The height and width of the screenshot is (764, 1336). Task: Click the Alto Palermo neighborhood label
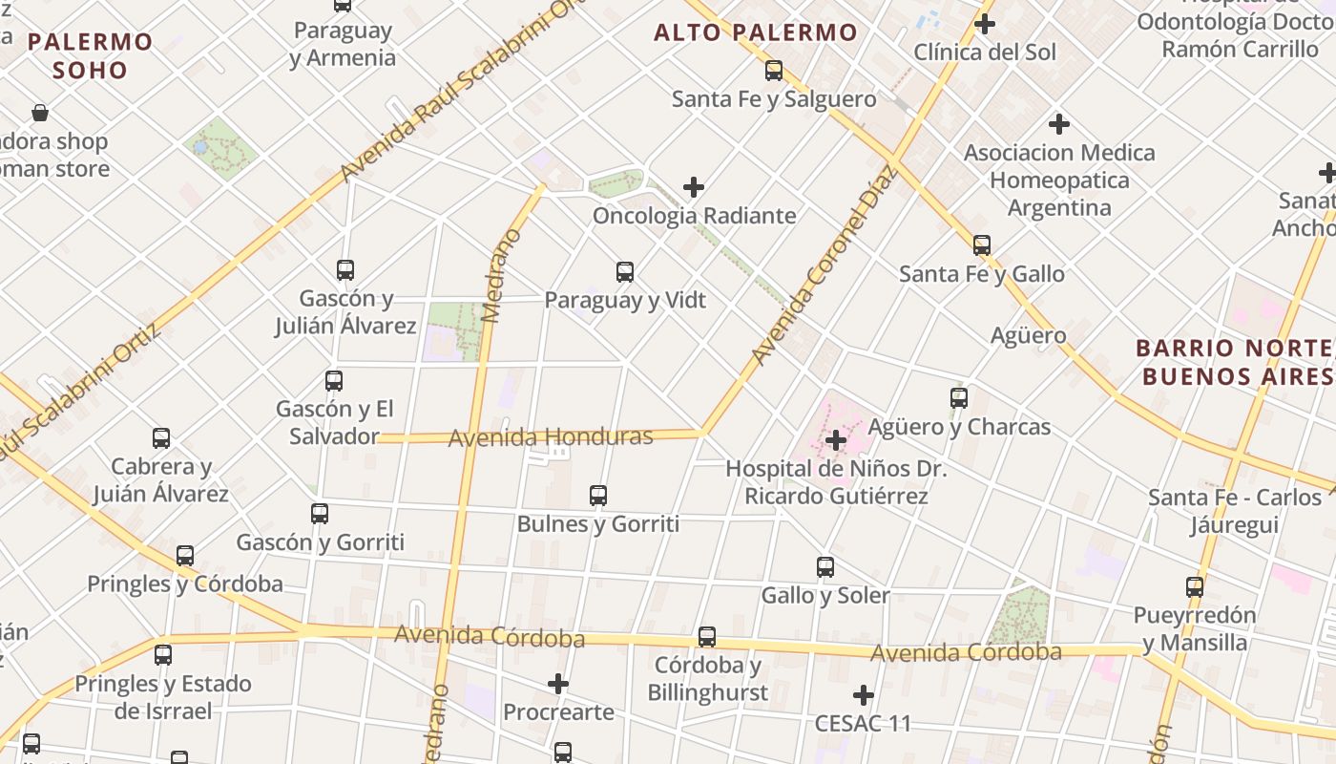click(x=756, y=32)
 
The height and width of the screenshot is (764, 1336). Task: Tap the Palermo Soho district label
click(x=90, y=55)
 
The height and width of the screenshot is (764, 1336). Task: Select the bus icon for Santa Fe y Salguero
click(x=774, y=71)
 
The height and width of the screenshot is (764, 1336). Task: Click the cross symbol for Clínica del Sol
click(x=985, y=24)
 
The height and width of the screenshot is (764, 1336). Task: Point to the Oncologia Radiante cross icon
click(x=694, y=187)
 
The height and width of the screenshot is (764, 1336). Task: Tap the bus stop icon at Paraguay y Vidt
click(x=625, y=272)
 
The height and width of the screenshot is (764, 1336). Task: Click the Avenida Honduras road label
click(x=551, y=437)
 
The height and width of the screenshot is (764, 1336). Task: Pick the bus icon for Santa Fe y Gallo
click(x=982, y=245)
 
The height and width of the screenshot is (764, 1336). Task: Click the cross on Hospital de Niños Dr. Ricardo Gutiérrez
click(x=836, y=440)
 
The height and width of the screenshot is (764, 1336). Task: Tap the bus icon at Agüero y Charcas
click(x=959, y=398)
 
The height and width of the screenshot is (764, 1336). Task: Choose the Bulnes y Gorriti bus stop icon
click(x=598, y=496)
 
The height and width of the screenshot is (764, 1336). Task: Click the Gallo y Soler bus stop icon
click(x=825, y=567)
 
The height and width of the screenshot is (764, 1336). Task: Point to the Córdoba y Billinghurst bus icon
click(x=707, y=637)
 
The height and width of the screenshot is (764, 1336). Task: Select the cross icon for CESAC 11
click(x=864, y=695)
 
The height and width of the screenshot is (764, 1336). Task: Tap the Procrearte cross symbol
click(x=558, y=684)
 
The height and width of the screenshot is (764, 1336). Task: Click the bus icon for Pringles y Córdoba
click(x=185, y=556)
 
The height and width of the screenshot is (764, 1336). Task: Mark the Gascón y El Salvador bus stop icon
click(x=334, y=381)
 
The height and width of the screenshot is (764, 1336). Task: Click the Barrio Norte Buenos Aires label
click(x=1235, y=361)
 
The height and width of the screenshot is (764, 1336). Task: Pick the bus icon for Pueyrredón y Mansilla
click(x=1195, y=587)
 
